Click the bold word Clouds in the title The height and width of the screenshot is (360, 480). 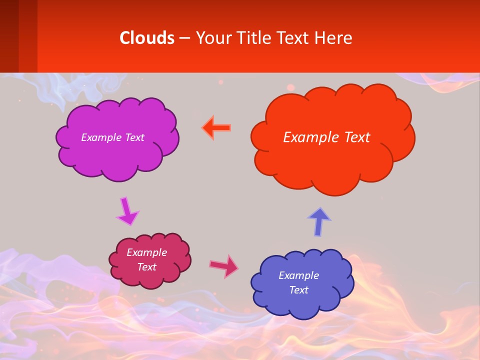[147, 38]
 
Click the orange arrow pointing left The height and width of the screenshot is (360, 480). [216, 128]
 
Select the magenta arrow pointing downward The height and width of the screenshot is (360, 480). [127, 212]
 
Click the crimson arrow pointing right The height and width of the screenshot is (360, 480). [224, 266]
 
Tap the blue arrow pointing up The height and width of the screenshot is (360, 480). [319, 221]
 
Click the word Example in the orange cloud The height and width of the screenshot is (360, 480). [306, 137]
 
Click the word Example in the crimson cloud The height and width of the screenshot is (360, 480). [146, 252]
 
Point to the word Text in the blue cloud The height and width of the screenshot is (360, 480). [298, 290]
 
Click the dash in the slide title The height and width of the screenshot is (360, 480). [184, 38]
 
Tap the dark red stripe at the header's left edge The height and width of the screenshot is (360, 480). [9, 36]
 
